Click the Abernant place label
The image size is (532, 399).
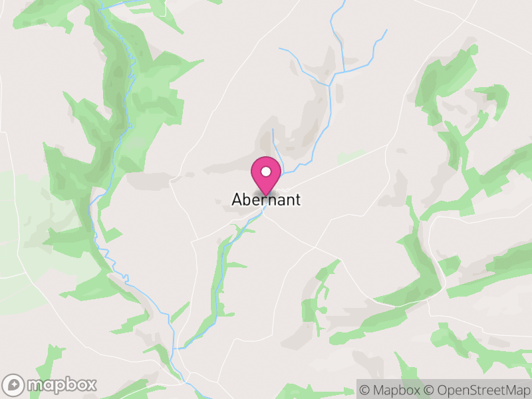coord(266,199)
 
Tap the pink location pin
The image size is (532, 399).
coord(266,174)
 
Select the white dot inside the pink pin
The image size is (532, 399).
coord(266,172)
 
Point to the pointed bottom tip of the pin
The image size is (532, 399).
coord(266,194)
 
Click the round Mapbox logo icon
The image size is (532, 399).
coord(14,384)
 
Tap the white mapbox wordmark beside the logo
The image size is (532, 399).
coord(61,384)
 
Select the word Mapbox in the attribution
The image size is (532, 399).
coord(395,389)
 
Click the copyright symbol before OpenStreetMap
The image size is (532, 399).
coord(430,389)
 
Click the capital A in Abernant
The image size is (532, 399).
coord(237,199)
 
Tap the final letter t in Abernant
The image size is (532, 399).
coord(297,199)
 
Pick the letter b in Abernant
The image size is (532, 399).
coord(246,199)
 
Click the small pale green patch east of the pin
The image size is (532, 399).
coord(350,157)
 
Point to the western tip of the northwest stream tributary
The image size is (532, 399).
coord(280,49)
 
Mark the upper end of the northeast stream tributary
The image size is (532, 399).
coord(386,29)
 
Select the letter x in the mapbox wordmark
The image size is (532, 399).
coord(91,385)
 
